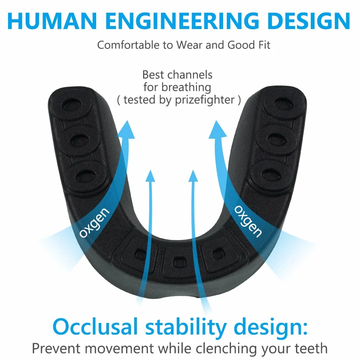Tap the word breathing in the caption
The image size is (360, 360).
tap(186, 87)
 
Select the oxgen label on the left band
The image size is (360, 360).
tap(94, 222)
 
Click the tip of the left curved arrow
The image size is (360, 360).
tap(127, 121)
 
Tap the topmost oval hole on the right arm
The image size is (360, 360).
tap(284, 105)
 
